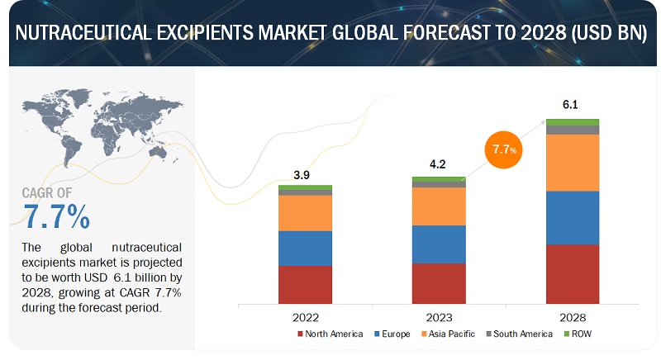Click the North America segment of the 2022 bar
pos(305,285)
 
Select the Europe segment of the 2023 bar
pos(439,244)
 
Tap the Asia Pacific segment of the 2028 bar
pos(573,163)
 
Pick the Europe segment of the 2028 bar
pos(573,218)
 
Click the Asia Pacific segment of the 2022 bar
pos(305,213)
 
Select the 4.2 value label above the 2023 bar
pos(439,165)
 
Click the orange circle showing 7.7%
pos(504,149)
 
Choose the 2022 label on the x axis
pos(305,316)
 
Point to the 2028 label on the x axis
pos(573,316)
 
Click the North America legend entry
pos(331,334)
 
